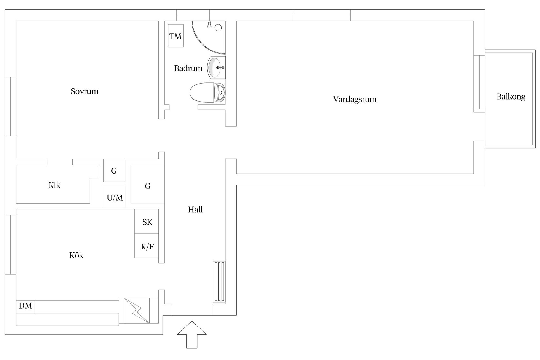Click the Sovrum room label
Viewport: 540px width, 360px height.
coord(85,91)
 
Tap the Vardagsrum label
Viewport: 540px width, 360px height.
coord(355,99)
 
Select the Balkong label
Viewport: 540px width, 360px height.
coord(511,97)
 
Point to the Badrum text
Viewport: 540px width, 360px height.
coord(188,68)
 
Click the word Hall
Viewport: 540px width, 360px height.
coord(195,210)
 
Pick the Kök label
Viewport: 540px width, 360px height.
coord(76,255)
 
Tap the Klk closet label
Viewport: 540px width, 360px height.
coord(54,185)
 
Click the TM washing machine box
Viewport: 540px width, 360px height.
coord(176,36)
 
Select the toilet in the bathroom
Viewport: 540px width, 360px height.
coord(208,92)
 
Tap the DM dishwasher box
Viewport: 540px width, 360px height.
coord(26,306)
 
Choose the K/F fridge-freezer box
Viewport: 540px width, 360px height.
coord(147,246)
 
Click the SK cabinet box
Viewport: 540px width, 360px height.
coord(147,222)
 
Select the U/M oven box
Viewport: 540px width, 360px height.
coord(114,197)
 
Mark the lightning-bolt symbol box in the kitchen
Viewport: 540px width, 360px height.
coord(137,310)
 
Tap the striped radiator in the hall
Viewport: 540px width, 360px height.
coord(219,282)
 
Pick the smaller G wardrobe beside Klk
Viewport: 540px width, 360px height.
coord(114,170)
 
